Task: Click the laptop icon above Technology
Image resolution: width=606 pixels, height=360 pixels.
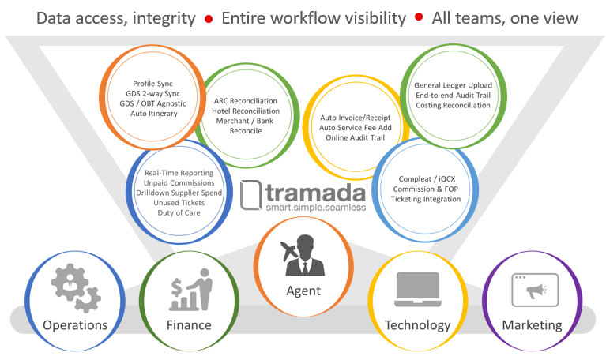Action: click(x=417, y=289)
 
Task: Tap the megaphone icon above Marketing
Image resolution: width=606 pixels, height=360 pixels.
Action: click(x=536, y=290)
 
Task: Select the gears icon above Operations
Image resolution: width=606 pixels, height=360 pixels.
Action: click(x=76, y=288)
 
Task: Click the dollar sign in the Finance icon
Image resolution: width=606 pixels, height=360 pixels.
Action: click(x=177, y=287)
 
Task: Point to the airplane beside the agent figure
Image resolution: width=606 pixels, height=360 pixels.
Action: click(x=288, y=250)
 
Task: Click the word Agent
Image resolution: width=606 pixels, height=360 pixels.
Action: click(x=303, y=291)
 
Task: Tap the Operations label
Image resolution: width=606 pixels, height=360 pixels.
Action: click(x=75, y=325)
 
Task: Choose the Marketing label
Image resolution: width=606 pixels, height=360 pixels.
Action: click(x=532, y=325)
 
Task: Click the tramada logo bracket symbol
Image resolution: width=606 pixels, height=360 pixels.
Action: click(x=250, y=195)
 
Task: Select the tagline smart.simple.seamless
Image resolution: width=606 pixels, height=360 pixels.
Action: click(x=316, y=208)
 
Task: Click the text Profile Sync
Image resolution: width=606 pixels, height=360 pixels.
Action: click(x=152, y=84)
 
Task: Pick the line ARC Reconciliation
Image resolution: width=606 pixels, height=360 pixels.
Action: click(x=246, y=101)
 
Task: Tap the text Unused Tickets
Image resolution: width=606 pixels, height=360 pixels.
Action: click(x=179, y=202)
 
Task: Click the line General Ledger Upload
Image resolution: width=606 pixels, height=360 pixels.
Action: click(x=453, y=85)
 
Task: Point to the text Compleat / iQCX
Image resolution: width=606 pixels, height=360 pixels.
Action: click(x=427, y=179)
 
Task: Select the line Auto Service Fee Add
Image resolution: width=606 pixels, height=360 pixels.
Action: click(x=356, y=127)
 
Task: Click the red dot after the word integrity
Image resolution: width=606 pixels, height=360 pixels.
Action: click(x=209, y=19)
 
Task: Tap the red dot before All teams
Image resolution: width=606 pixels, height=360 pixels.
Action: click(x=419, y=17)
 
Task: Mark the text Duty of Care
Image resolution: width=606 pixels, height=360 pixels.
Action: click(x=179, y=212)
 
